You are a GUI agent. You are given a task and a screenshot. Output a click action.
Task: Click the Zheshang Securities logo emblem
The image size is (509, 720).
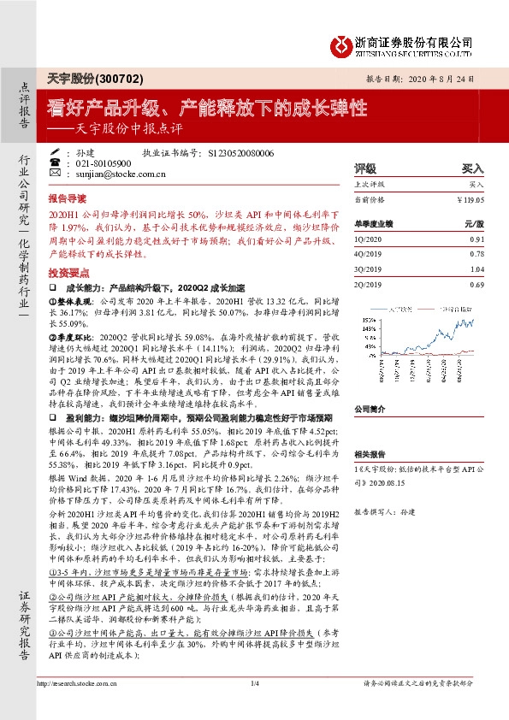pos(340,44)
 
